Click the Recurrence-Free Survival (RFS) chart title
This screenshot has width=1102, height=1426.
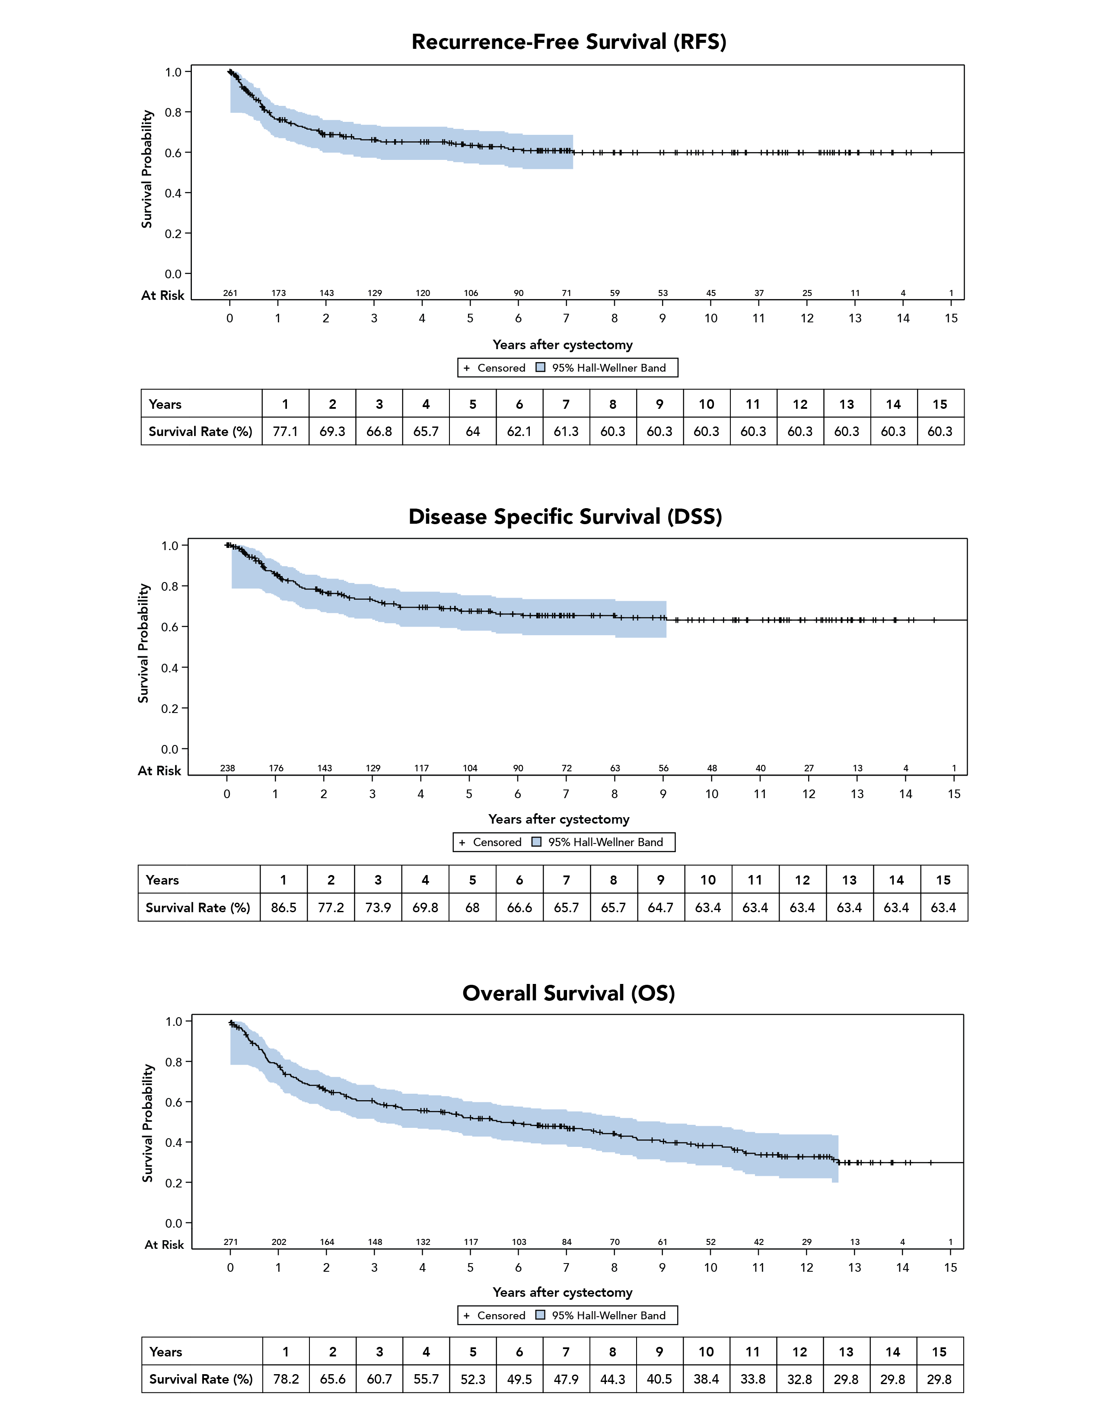click(569, 42)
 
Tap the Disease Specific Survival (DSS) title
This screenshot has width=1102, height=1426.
click(565, 516)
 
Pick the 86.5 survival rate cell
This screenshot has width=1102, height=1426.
click(283, 907)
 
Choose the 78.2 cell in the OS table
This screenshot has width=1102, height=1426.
click(286, 1379)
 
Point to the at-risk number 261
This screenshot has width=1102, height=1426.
click(230, 293)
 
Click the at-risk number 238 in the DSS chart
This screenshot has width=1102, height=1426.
click(227, 768)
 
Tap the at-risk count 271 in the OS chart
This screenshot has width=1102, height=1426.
click(230, 1242)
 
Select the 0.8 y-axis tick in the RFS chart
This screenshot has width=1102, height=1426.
click(173, 112)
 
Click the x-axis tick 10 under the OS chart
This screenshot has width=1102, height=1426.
click(710, 1267)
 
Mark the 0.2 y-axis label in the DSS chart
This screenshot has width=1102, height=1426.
click(170, 708)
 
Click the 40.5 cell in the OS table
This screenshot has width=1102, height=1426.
click(659, 1379)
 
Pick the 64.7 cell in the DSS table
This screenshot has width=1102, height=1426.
click(661, 907)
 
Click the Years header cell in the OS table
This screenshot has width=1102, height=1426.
click(166, 1352)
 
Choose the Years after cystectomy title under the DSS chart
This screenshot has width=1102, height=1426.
click(559, 819)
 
